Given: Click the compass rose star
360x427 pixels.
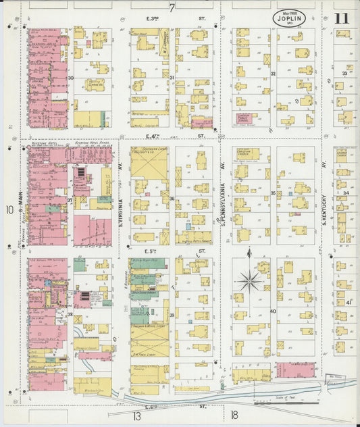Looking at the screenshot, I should coord(250,279).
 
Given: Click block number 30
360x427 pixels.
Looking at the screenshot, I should coord(70,78).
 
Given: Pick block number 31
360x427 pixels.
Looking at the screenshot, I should coord(172,78).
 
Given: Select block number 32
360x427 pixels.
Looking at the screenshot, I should coord(273,74).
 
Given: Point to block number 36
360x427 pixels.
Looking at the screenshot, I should coord(172,199).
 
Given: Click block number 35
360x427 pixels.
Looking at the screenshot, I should coord(273,193).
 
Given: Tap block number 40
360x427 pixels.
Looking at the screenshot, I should coord(273,311).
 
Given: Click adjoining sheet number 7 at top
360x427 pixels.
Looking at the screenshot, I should coord(172,8).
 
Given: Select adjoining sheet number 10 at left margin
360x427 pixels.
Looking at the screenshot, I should coord(9,210).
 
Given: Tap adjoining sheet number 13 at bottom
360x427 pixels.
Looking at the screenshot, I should coord(136,416).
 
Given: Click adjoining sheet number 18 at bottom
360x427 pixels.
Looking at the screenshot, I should coord(234,416).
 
